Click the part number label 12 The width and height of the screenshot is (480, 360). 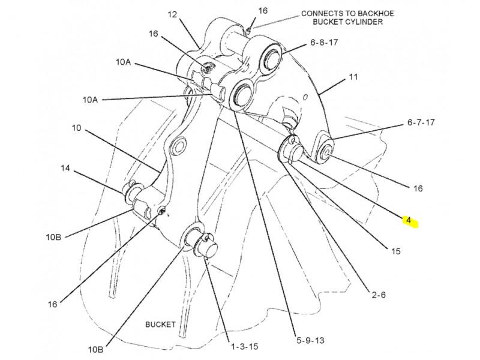pyautogui.click(x=173, y=14)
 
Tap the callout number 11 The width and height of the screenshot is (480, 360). pyautogui.click(x=353, y=77)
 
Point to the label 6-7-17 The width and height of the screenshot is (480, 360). pyautogui.click(x=421, y=122)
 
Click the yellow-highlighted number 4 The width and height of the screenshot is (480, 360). pyautogui.click(x=409, y=221)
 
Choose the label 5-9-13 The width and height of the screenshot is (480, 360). pyautogui.click(x=311, y=340)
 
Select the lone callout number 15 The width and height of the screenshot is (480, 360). pyautogui.click(x=396, y=252)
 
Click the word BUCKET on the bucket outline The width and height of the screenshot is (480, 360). pyautogui.click(x=160, y=325)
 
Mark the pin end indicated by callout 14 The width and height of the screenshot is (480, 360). pyautogui.click(x=130, y=192)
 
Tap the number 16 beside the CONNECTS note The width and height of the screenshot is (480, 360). pyautogui.click(x=263, y=11)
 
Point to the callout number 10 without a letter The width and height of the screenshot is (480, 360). pyautogui.click(x=76, y=128)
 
